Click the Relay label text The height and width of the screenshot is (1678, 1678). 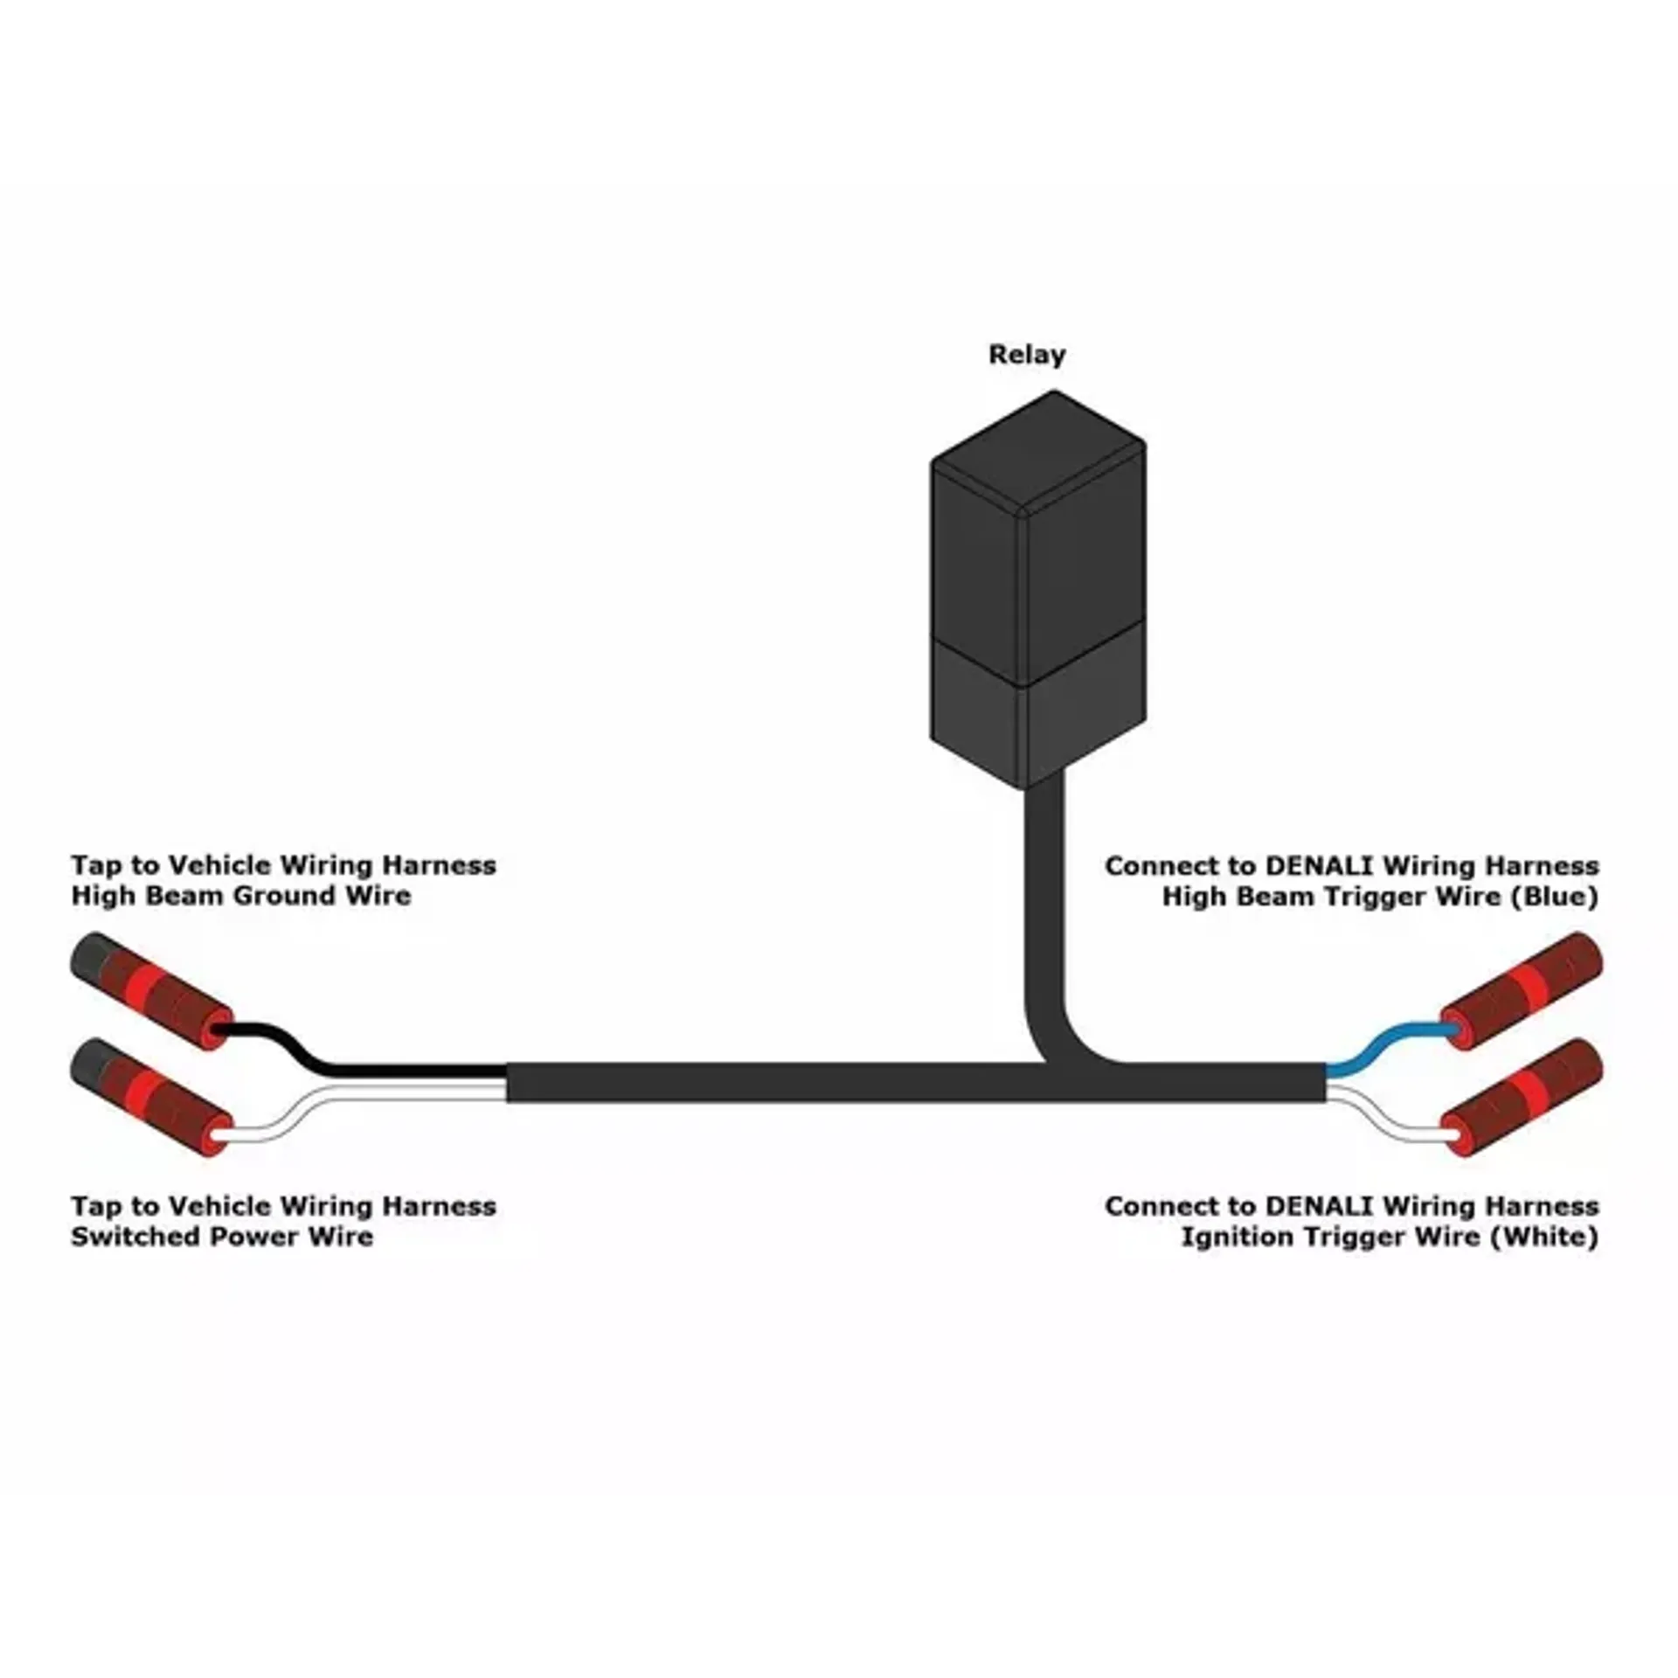pos(1027,356)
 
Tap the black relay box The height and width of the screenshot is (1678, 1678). pos(1037,590)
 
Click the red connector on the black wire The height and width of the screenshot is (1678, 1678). pos(152,991)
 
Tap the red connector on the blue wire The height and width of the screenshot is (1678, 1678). pos(1522,991)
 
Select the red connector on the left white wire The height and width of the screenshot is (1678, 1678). pos(152,1097)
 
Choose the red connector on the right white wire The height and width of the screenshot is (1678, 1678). pos(1522,1097)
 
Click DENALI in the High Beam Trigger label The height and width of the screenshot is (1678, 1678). pos(1320,866)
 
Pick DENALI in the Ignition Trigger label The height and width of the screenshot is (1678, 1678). pos(1320,1207)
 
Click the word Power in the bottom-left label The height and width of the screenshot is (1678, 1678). pos(235,1237)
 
